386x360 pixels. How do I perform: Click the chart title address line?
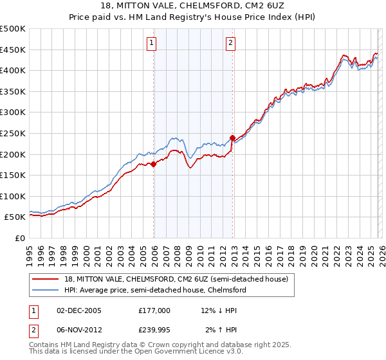(193, 5)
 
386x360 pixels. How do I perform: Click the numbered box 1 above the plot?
(152, 44)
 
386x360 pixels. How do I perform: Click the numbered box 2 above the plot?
(230, 44)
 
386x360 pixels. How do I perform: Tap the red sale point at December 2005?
(154, 164)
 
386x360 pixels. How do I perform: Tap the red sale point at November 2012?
(232, 138)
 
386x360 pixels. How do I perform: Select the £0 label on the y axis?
(19, 238)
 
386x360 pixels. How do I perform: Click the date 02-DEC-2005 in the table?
(79, 310)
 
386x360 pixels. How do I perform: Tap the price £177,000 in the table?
(154, 310)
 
